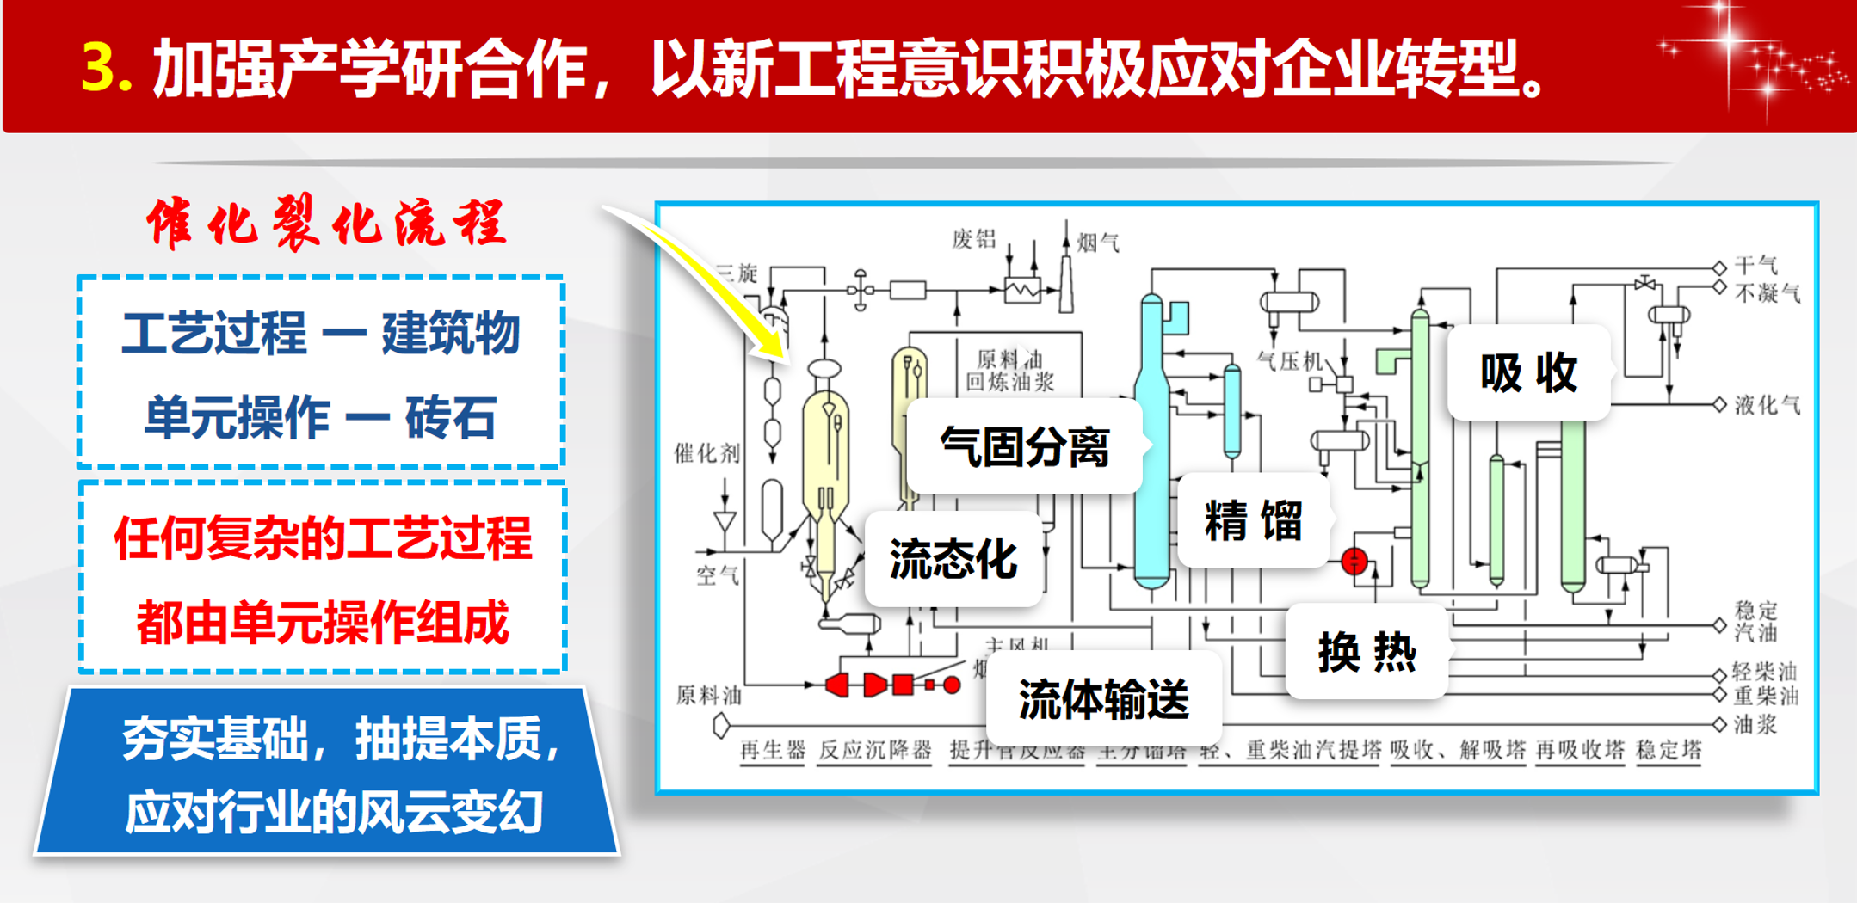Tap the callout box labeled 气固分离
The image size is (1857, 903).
point(1024,446)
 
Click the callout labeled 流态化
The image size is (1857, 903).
point(953,559)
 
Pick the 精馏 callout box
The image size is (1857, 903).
point(1253,520)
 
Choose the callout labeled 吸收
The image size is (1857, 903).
point(1528,372)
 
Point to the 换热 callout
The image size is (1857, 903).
point(1367,652)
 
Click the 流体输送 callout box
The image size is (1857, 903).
point(1103,698)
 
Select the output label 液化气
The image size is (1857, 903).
point(1767,405)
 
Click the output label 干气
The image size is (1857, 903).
point(1755,265)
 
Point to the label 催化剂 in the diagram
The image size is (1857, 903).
point(706,452)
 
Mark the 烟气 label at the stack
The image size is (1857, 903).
point(1098,243)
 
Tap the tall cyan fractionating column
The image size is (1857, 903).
point(1151,447)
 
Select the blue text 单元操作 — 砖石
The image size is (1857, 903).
point(320,419)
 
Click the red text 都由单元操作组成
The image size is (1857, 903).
point(323,623)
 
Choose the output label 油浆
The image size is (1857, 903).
point(1755,725)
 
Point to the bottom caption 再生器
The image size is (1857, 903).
point(772,750)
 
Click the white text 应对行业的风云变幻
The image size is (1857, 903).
point(334,812)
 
